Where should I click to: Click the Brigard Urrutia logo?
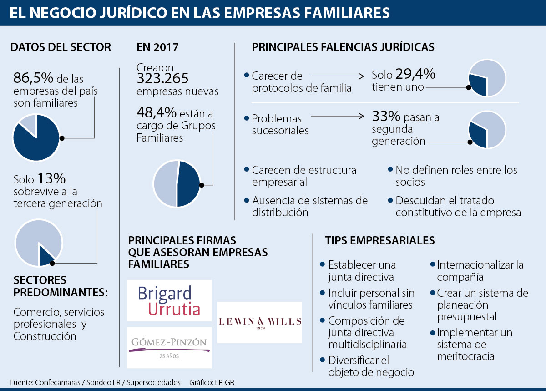click(169, 301)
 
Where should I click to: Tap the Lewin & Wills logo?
click(260, 322)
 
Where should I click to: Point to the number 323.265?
click(162, 79)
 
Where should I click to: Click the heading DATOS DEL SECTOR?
click(61, 47)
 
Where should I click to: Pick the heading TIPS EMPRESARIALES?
click(379, 240)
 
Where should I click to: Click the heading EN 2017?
click(157, 47)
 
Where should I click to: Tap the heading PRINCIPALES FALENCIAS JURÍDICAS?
click(343, 47)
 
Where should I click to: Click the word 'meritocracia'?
click(465, 356)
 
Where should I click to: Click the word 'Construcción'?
click(45, 336)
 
